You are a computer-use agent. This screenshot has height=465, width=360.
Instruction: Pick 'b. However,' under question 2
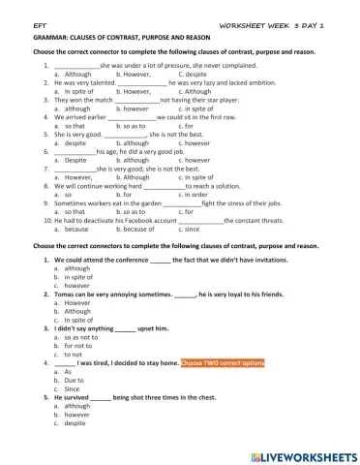pyautogui.click(x=132, y=91)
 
